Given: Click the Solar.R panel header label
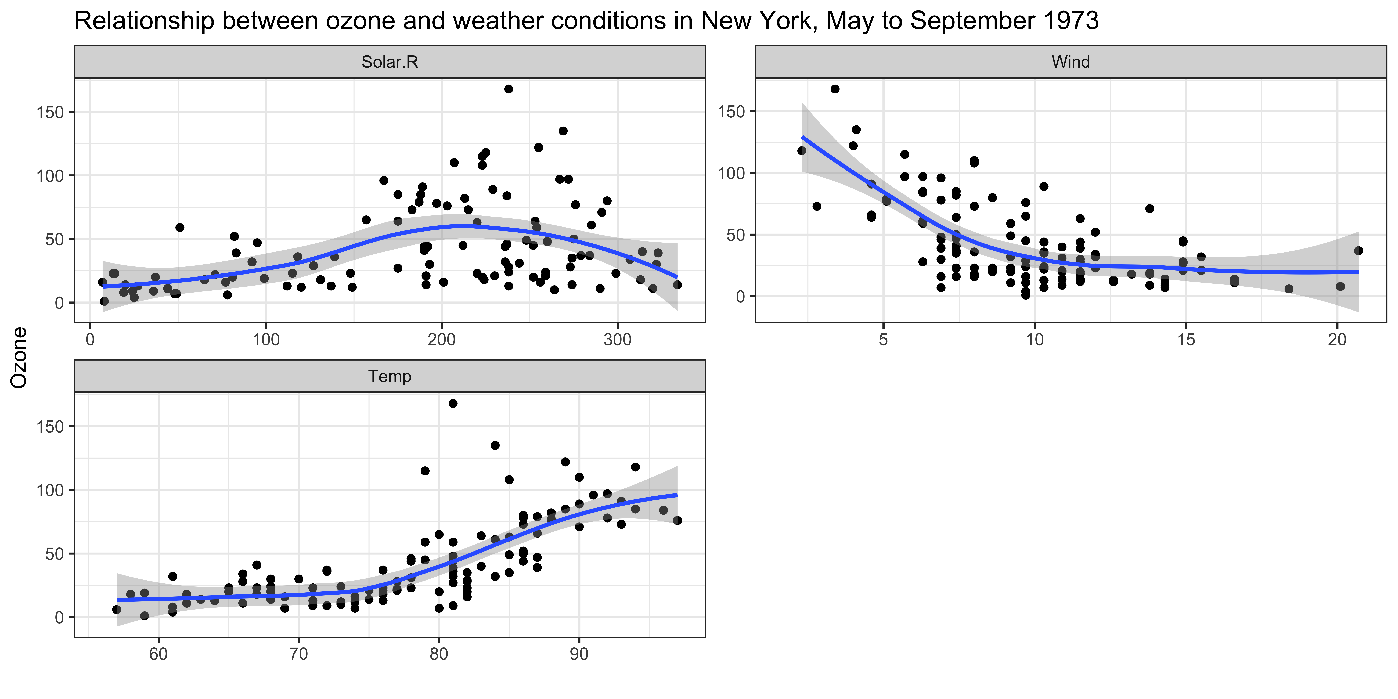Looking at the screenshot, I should click(390, 62).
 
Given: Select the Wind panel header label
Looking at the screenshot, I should click(1070, 62).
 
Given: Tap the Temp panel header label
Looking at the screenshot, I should click(390, 376).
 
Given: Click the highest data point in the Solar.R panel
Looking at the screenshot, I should click(509, 89).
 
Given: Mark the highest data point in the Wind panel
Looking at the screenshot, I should click(835, 89).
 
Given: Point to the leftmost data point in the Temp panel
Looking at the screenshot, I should click(117, 610).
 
